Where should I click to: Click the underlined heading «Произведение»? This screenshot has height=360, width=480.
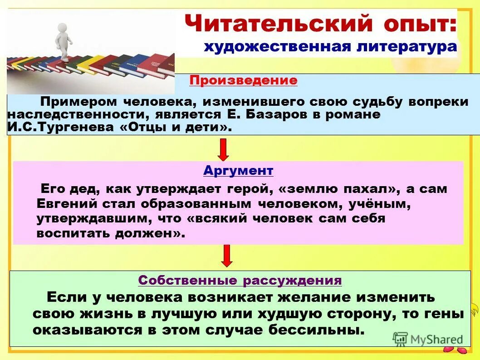click(x=243, y=81)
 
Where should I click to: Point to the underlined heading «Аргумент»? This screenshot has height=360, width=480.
click(x=238, y=171)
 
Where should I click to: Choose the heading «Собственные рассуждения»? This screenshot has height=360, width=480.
click(x=240, y=280)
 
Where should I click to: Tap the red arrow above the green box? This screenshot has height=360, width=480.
click(x=227, y=256)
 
